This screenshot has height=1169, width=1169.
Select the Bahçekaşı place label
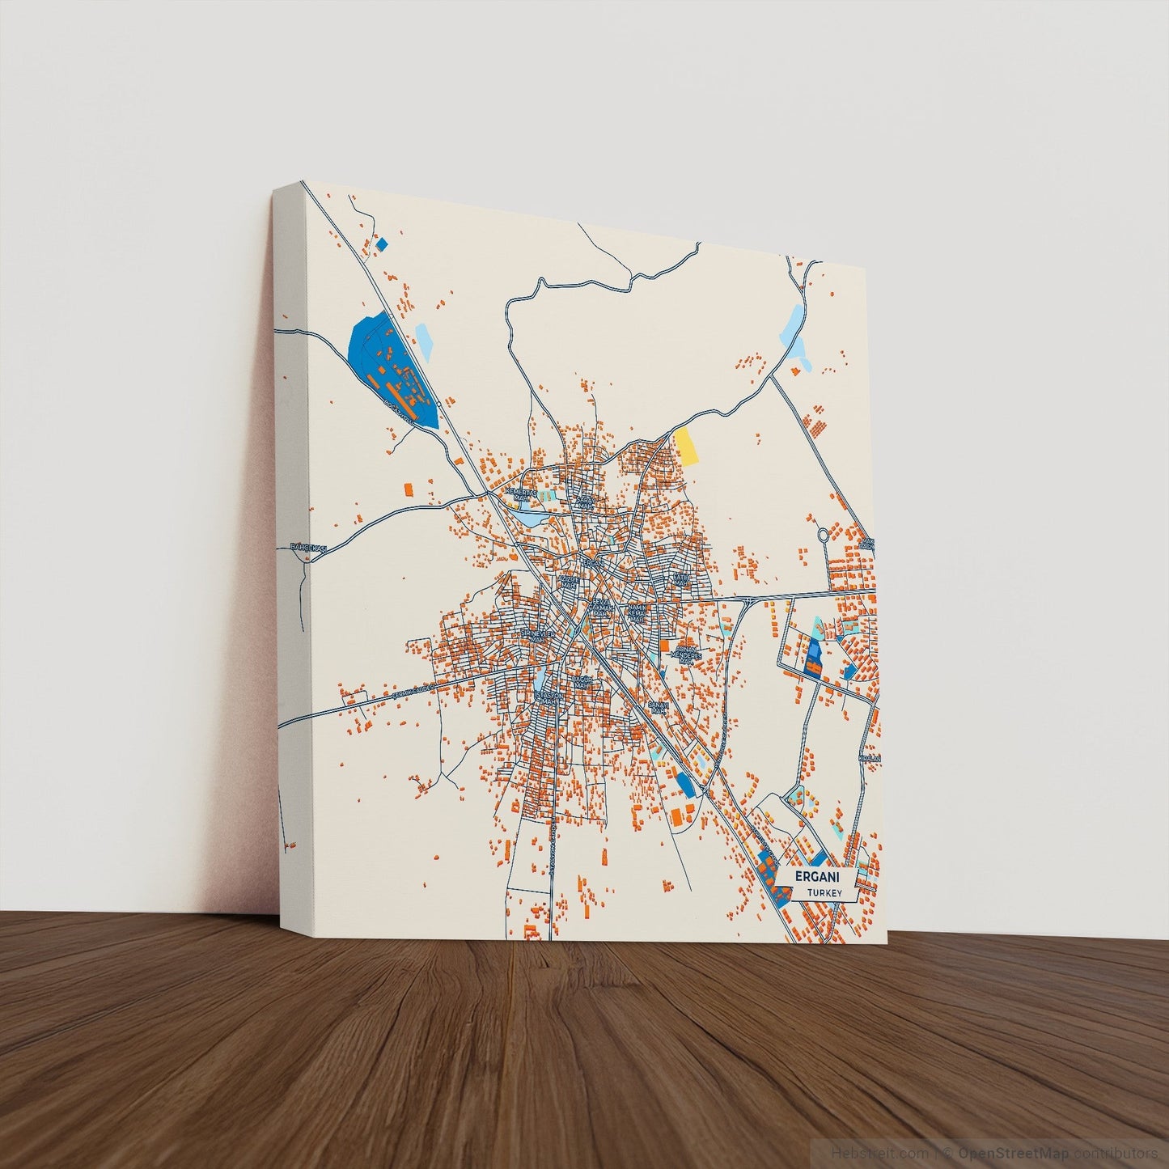pyautogui.click(x=307, y=548)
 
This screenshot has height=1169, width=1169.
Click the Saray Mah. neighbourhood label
pyautogui.click(x=585, y=502)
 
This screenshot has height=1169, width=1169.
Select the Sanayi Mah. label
pyautogui.click(x=658, y=705)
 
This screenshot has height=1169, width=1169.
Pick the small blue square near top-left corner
pyautogui.click(x=382, y=243)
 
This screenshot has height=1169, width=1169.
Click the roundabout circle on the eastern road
pyautogui.click(x=824, y=535)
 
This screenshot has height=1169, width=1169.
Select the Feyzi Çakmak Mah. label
pyautogui.click(x=600, y=608)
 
